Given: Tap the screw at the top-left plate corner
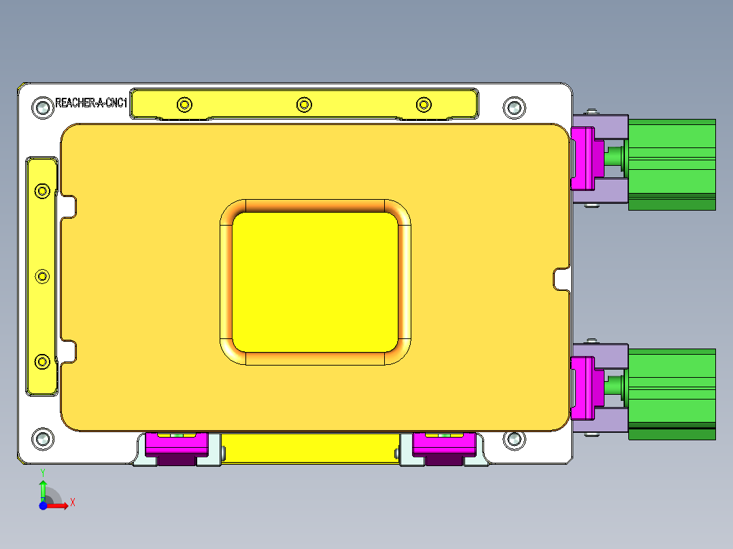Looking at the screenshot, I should click(42, 107).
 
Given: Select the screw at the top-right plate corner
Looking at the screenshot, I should click(514, 107).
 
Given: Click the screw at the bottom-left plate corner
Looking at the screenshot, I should click(42, 438).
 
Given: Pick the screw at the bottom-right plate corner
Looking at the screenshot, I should click(514, 440).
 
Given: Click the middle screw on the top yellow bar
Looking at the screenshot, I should click(304, 105).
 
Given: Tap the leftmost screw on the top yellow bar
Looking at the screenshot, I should click(184, 105).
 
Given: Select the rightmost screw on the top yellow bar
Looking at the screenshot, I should click(424, 105).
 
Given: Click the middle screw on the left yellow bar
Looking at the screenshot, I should click(42, 276).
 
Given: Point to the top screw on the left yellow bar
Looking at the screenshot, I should click(42, 191).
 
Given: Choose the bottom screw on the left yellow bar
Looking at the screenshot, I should click(42, 361).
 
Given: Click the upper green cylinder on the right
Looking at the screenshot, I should click(671, 163).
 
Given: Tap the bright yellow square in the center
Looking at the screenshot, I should click(315, 282).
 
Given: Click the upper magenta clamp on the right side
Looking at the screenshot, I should click(582, 158).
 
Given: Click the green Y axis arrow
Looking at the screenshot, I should click(43, 488).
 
